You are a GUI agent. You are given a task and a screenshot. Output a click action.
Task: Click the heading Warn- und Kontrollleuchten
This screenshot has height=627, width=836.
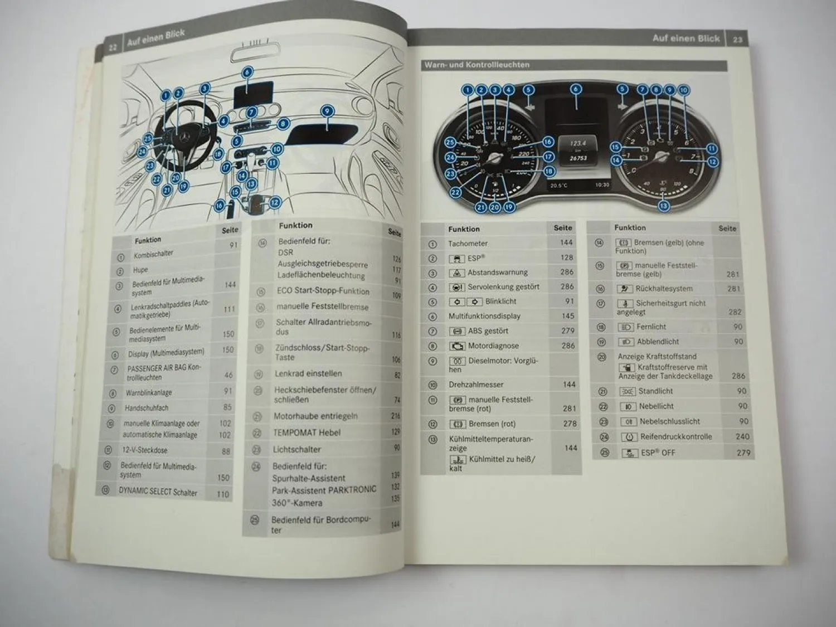tap(477, 65)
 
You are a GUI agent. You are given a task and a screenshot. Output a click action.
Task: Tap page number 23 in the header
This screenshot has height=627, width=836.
tap(737, 40)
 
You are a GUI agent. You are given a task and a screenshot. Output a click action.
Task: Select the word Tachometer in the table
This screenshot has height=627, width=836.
tap(468, 244)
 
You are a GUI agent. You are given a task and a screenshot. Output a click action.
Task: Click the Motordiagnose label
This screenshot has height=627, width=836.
tap(493, 346)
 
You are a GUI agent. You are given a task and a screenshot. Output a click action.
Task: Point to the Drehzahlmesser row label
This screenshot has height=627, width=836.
tap(475, 385)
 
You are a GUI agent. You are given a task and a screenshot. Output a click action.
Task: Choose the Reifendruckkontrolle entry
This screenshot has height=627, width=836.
tap(675, 437)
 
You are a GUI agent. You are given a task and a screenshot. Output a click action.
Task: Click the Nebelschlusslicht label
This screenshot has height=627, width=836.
tap(669, 421)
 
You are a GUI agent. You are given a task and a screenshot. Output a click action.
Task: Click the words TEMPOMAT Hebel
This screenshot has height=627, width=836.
tap(307, 432)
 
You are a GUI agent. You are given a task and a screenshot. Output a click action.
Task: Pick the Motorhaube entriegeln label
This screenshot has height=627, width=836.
tap(315, 416)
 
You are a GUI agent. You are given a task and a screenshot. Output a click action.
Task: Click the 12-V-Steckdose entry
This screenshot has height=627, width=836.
tap(144, 450)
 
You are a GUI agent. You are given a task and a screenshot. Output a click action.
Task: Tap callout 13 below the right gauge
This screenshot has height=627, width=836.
tap(663, 206)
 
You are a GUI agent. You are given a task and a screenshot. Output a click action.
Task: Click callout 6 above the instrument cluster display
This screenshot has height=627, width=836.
tap(576, 89)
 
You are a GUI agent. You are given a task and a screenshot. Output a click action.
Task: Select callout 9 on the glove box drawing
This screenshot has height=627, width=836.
tap(327, 111)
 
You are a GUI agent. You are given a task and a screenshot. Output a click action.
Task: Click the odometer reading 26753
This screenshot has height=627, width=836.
tap(578, 158)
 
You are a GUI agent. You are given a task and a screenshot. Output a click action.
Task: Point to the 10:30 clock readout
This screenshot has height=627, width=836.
tap(602, 184)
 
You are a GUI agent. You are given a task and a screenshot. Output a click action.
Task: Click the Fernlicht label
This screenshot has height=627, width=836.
tap(651, 327)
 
